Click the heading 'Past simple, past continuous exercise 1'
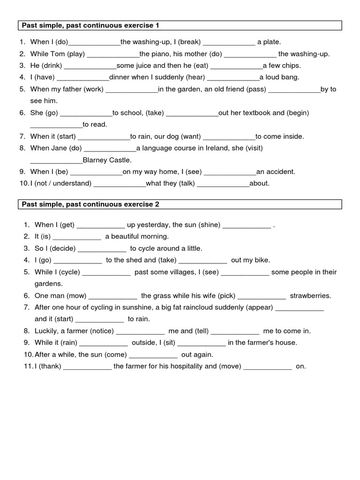(x=92, y=25)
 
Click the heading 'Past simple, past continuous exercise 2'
(x=92, y=204)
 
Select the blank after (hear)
(x=233, y=77)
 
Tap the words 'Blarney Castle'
(x=107, y=160)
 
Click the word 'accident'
(x=280, y=172)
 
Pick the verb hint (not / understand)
(x=61, y=183)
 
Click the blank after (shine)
(x=247, y=225)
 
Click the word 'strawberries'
(x=310, y=296)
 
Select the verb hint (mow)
(x=76, y=296)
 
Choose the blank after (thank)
(x=87, y=367)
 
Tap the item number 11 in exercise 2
(x=27, y=367)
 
